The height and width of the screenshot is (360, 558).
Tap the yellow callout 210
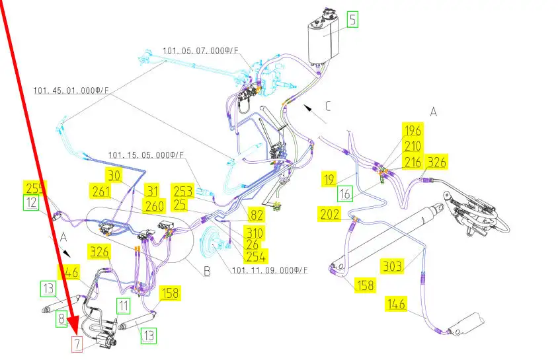(413, 146)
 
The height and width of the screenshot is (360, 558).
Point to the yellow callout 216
(413, 162)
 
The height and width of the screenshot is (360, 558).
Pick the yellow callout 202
(329, 214)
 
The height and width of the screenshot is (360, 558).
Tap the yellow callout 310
(253, 233)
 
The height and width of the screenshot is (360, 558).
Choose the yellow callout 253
(183, 192)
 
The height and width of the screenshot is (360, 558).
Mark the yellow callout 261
(101, 192)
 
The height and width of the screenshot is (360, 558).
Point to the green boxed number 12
(32, 203)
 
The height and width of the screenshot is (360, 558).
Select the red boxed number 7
(77, 344)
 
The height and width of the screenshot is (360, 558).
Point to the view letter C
(329, 106)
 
